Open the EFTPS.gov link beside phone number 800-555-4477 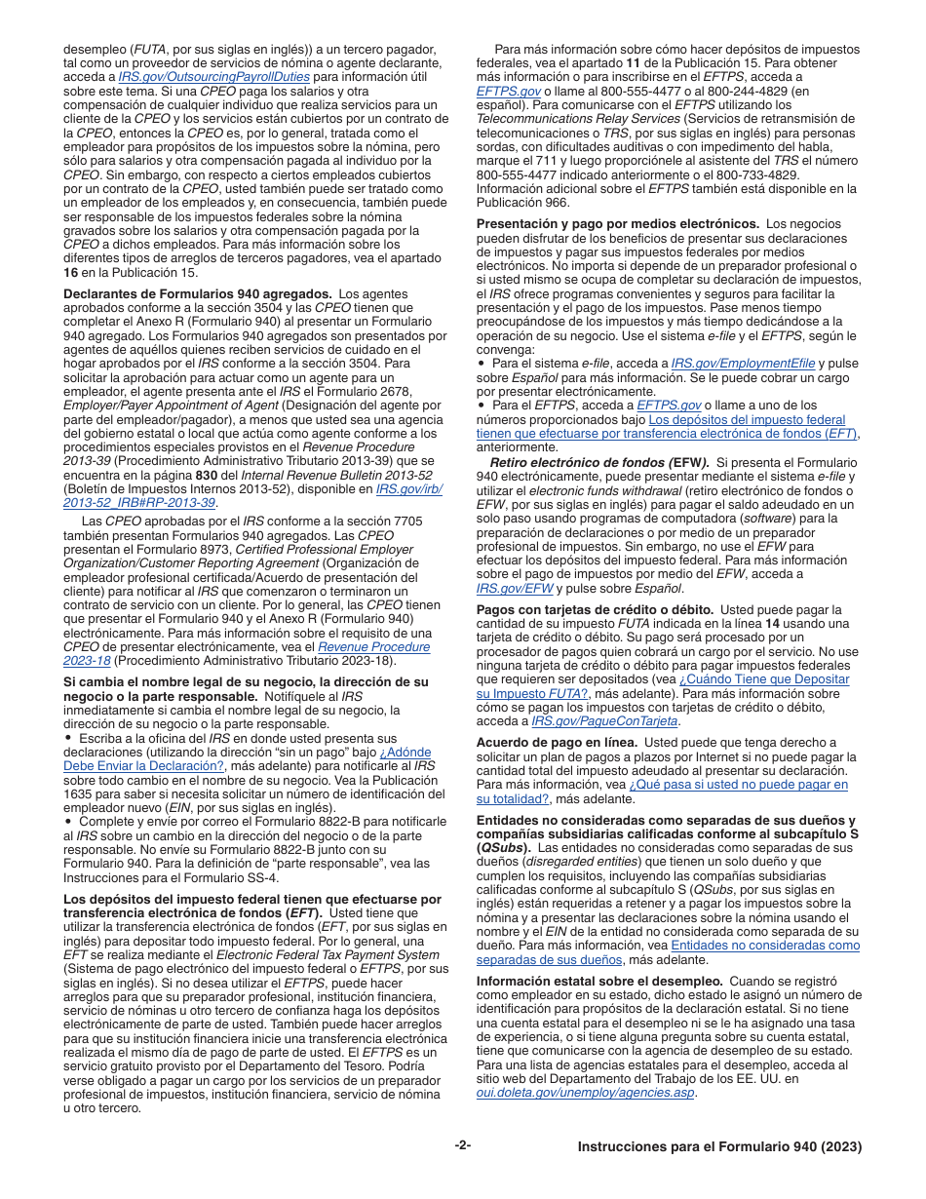click(x=508, y=91)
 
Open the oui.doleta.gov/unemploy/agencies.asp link click(x=585, y=1093)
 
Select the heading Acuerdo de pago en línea click(x=557, y=743)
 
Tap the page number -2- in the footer click(x=463, y=1145)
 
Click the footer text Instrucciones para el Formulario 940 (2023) click(x=719, y=1147)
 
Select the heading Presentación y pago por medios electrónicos click(x=618, y=223)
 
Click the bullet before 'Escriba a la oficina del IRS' click(x=68, y=739)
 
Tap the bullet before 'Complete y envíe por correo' click(x=68, y=822)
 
